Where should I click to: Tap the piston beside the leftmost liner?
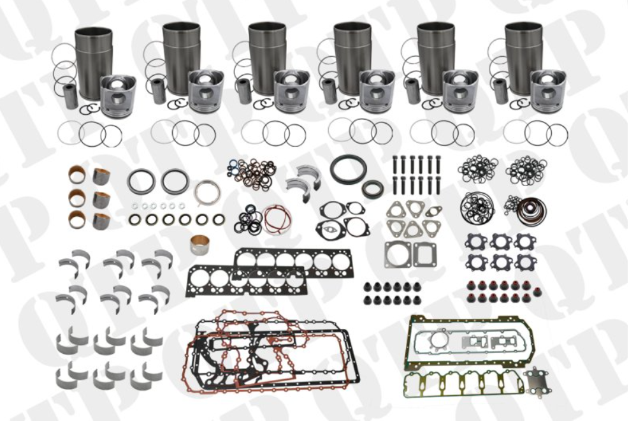[118, 96]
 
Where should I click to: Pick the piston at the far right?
[547, 91]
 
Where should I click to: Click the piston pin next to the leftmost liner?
[71, 96]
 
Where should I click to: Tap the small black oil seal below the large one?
[372, 189]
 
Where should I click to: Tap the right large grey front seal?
[175, 180]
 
